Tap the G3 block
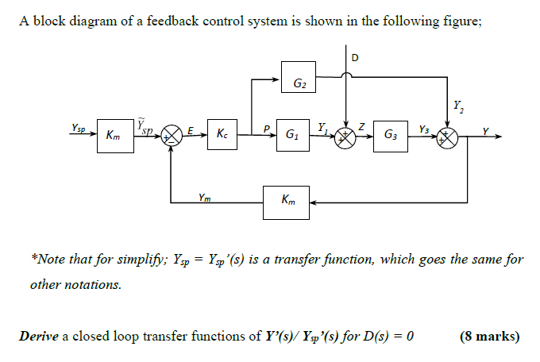coord(391,136)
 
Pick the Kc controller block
coord(219,135)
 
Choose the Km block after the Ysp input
coord(114,136)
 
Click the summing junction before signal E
coord(171,136)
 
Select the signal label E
coord(191,129)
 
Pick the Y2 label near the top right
coord(457,105)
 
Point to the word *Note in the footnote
coord(47,260)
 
